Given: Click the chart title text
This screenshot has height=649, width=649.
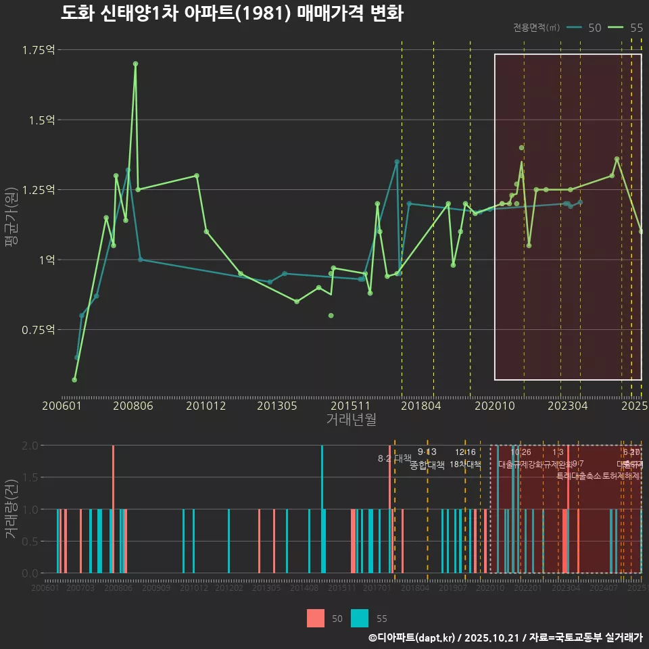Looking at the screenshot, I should tap(231, 14).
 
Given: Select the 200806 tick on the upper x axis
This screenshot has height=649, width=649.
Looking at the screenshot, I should tap(133, 406).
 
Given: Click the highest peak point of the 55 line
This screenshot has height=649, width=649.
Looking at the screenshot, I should tap(135, 64).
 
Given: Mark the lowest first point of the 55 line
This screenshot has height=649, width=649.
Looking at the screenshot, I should tap(74, 380).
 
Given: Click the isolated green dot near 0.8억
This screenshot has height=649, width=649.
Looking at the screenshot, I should tap(331, 315).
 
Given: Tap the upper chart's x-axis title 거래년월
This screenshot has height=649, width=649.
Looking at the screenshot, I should tap(352, 419).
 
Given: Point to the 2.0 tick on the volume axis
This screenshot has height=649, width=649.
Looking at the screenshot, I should tap(30, 446).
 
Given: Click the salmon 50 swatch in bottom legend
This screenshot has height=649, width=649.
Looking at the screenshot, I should tap(316, 618).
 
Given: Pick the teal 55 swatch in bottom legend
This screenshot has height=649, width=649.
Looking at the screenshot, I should tap(360, 618).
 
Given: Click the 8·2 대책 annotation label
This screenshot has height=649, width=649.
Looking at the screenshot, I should tap(394, 458).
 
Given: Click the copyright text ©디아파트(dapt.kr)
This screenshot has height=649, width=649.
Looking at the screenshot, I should tap(412, 638).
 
